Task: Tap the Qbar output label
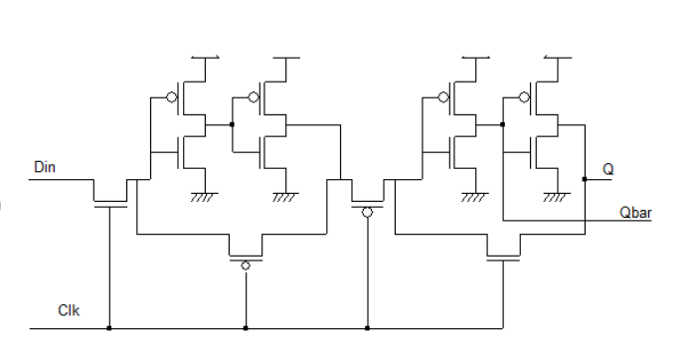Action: coord(632,210)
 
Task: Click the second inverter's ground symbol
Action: coord(285,196)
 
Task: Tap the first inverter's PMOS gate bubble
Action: coord(171,97)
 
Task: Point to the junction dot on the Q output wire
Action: coord(585,180)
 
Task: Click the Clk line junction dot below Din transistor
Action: coord(110,327)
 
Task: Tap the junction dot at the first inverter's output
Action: coord(231,124)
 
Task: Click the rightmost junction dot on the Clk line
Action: coord(367,327)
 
